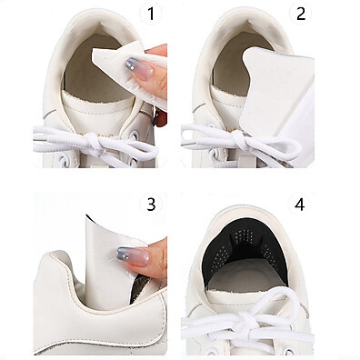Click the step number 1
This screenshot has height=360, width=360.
pyautogui.click(x=151, y=14)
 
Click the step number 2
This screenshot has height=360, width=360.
pyautogui.click(x=301, y=14)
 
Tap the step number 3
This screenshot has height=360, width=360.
pyautogui.click(x=151, y=205)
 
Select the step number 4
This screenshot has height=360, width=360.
pyautogui.click(x=299, y=205)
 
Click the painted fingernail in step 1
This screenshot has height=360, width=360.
pyautogui.click(x=139, y=68)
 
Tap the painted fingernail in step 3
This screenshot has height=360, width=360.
pyautogui.click(x=133, y=256)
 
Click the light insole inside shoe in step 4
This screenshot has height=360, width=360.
pyautogui.click(x=247, y=275)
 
